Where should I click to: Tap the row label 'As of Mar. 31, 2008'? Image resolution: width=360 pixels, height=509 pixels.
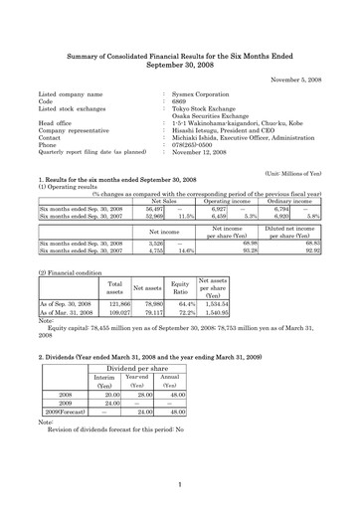click(x=70, y=311)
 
